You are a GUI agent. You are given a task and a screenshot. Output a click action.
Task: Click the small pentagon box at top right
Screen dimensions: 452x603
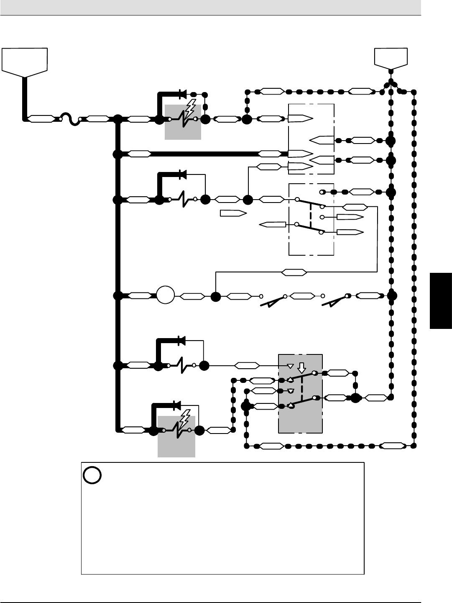[x=391, y=58]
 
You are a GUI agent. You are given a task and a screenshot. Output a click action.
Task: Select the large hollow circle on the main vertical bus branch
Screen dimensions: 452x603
[x=165, y=296]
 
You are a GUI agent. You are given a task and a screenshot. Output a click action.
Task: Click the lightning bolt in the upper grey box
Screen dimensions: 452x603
[x=189, y=110]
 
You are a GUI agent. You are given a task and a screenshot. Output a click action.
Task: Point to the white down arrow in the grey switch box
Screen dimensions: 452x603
[x=301, y=368]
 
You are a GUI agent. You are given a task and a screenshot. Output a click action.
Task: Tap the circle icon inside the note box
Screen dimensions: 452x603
[x=92, y=475]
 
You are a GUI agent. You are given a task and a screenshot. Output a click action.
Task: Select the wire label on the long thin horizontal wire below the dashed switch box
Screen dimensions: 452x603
[x=294, y=273]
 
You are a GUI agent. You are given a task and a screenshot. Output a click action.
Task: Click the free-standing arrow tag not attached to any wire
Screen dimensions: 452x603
[x=232, y=213]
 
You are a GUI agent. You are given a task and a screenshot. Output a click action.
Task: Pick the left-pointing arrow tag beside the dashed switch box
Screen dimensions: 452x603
[x=272, y=225]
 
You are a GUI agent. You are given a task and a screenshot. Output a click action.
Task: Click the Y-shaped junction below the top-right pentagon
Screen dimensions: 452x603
[x=391, y=83]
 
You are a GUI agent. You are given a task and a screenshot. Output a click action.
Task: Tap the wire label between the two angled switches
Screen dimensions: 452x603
[x=302, y=296]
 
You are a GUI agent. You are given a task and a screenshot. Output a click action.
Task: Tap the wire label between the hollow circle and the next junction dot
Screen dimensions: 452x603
[x=192, y=296]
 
